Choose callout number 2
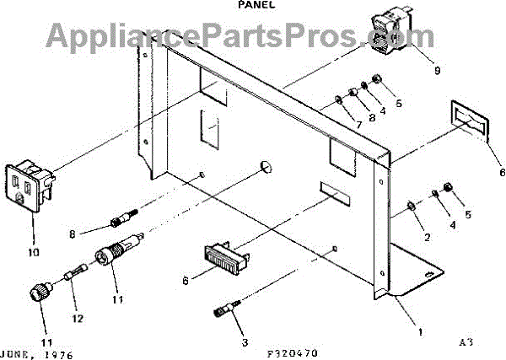[x=427, y=237]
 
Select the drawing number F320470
[x=292, y=352]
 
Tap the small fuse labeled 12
[x=73, y=275]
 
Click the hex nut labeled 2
[x=410, y=205]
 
